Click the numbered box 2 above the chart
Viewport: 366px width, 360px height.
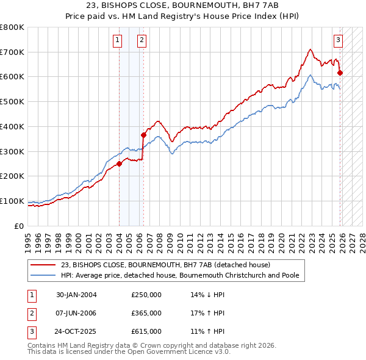[142, 41]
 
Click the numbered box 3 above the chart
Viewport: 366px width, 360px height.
[338, 41]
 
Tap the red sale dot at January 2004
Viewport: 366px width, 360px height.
[120, 163]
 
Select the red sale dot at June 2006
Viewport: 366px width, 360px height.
[144, 135]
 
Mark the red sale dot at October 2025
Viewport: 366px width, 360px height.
[340, 73]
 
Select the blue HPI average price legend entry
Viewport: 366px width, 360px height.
[179, 275]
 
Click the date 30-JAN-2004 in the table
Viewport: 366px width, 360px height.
[76, 295]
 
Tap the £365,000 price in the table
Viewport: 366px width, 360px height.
[146, 313]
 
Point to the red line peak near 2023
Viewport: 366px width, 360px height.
[310, 49]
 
